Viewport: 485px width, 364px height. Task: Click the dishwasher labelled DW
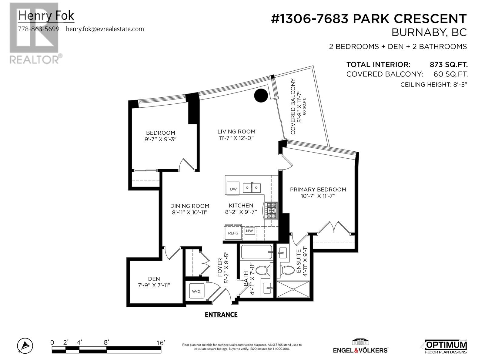click(233, 188)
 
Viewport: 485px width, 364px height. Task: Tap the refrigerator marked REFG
click(233, 233)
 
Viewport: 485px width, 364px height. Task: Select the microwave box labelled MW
click(249, 231)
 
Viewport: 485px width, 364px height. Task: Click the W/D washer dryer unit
click(196, 292)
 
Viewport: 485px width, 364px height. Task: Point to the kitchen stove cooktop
click(272, 211)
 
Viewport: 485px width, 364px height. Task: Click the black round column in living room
click(261, 96)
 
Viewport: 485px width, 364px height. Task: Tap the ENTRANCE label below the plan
click(221, 315)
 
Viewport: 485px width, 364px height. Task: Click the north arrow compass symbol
click(25, 345)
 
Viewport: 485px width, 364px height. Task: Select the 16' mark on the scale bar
click(161, 343)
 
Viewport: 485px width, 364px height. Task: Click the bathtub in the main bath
click(256, 252)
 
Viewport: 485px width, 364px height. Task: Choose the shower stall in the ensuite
click(293, 289)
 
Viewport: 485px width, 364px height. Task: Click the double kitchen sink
click(252, 188)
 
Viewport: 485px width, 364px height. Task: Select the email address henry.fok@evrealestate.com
click(105, 29)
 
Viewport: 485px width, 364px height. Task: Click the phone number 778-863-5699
click(39, 29)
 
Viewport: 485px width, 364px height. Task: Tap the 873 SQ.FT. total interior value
click(449, 65)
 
